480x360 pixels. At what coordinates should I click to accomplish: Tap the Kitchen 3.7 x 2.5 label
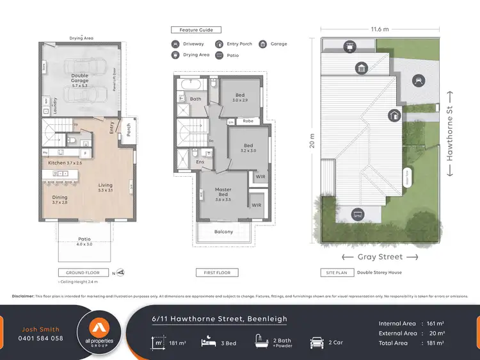(x=66, y=163)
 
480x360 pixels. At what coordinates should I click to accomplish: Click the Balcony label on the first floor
(x=223, y=231)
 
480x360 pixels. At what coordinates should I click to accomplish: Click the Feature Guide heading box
(x=196, y=29)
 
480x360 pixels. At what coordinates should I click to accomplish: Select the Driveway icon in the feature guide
(x=175, y=44)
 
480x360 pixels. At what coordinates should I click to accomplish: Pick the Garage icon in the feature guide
(x=263, y=44)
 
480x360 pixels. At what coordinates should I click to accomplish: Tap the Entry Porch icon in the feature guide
(x=219, y=44)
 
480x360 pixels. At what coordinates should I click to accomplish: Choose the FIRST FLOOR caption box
(x=216, y=272)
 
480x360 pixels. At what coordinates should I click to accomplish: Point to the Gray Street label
(x=380, y=257)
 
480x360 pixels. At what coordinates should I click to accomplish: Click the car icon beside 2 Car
(x=316, y=343)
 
